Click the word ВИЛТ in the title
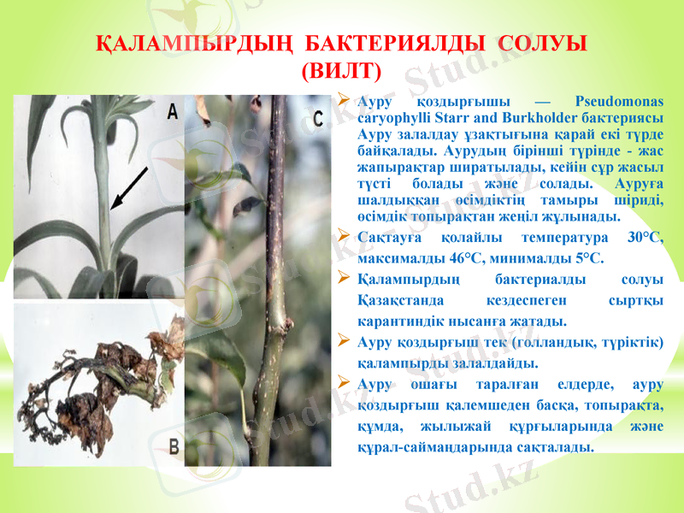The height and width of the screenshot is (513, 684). pos(342,69)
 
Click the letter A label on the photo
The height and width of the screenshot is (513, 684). pos(172,110)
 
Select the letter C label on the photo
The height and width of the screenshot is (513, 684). pos(318,119)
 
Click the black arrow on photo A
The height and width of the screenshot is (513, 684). pos(129,187)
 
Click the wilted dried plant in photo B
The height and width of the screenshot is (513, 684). pos(94,376)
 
